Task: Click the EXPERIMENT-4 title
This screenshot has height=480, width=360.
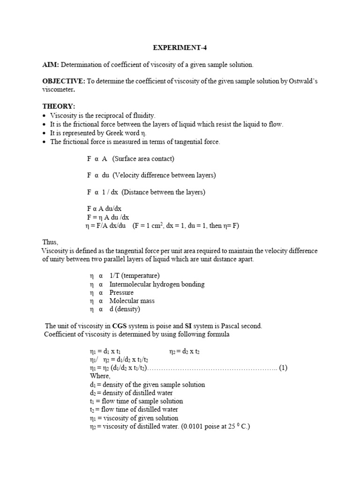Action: coord(180,48)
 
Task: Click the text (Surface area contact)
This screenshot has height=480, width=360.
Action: coord(143,158)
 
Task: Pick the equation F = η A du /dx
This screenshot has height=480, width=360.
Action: coord(108,217)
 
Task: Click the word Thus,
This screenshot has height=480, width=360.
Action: coord(50,242)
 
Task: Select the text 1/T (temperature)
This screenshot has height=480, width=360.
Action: coord(134,276)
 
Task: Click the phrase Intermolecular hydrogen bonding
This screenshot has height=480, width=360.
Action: coord(157,284)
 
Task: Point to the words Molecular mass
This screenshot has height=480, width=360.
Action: coord(132,301)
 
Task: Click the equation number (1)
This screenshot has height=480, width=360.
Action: coord(283,367)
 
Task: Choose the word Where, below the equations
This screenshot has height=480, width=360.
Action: coord(100,376)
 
